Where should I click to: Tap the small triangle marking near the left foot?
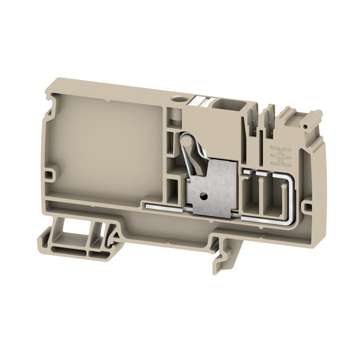(x=116, y=235)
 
